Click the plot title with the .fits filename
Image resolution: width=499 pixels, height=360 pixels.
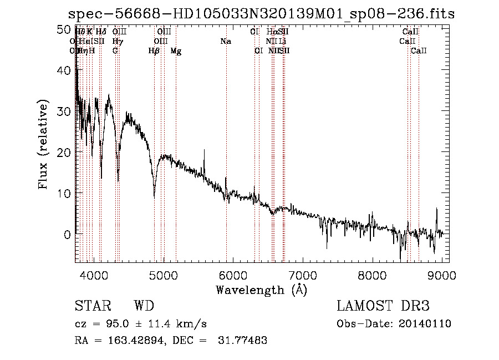(x=261, y=14)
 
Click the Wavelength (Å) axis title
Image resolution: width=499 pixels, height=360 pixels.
(x=261, y=289)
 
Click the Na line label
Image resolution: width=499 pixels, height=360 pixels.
(x=225, y=42)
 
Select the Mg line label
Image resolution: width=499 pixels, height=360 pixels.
(x=176, y=51)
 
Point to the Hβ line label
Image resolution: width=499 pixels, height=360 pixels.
(x=154, y=51)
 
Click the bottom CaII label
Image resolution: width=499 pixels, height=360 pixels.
(x=419, y=51)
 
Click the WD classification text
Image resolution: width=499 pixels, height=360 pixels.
(x=144, y=306)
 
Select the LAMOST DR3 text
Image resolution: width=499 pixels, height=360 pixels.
(x=383, y=306)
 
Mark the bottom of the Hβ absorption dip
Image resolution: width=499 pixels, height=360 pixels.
(x=154, y=196)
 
